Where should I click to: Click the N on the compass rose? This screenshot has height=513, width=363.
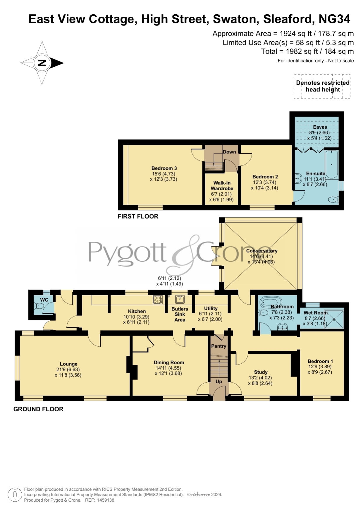point(42,63)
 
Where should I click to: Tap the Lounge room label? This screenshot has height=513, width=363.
point(69,364)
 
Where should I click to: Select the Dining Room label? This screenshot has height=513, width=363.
point(169,362)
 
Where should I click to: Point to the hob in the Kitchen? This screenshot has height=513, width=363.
point(158,300)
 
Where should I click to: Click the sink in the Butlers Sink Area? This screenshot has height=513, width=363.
point(180,299)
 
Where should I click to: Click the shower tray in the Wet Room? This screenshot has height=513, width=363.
point(334,319)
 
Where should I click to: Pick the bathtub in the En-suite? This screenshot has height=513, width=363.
point(332,165)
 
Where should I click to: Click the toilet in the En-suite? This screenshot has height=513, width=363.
point(333,200)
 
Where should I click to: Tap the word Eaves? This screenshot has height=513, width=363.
point(320,127)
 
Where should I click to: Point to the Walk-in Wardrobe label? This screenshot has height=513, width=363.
point(222,186)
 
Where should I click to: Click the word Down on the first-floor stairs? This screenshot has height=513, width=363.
point(229,152)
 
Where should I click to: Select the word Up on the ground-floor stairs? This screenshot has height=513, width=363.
point(219,381)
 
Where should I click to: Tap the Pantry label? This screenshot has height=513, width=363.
point(219,346)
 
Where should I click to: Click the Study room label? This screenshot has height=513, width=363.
point(261,372)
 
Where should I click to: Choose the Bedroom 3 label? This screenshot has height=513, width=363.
point(164,168)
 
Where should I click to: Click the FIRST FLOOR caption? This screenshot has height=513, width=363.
point(138,216)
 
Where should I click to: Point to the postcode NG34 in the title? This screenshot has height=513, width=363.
point(334,19)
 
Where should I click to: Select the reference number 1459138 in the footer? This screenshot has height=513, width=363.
point(106,500)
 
